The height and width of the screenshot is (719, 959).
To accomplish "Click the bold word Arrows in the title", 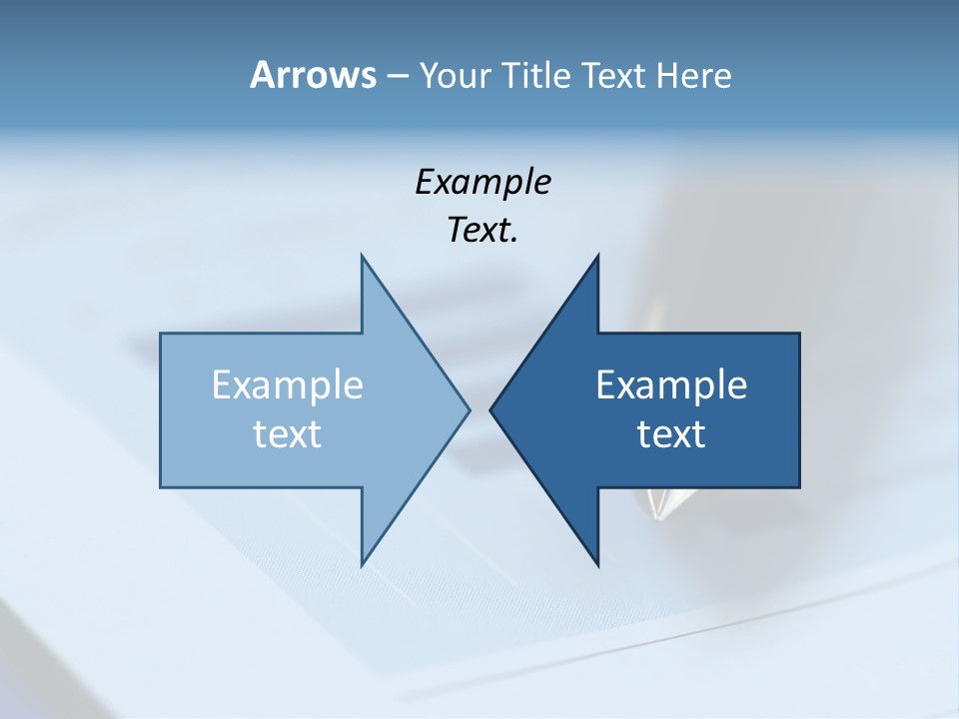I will (x=312, y=75).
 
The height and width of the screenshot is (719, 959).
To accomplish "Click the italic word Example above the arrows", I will (x=482, y=183).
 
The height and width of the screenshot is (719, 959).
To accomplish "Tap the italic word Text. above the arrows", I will (x=482, y=231).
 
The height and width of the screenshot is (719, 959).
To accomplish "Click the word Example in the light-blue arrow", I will (x=288, y=385).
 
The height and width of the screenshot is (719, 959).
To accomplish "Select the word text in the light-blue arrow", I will (x=288, y=434).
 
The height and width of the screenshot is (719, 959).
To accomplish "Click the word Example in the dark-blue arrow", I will (x=671, y=385).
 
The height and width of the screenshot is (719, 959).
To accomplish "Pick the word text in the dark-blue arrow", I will (x=671, y=434).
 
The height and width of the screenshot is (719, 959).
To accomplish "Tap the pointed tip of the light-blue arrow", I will (x=468, y=409).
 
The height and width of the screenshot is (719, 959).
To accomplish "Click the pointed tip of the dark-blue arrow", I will (x=491, y=409).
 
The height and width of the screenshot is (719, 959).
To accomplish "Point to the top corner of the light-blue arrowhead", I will (x=362, y=257).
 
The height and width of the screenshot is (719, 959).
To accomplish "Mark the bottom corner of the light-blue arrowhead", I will (x=362, y=564).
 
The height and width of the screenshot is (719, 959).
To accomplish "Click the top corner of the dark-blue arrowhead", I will (x=597, y=257).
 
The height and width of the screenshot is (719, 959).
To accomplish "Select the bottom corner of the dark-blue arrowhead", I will (x=597, y=564).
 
